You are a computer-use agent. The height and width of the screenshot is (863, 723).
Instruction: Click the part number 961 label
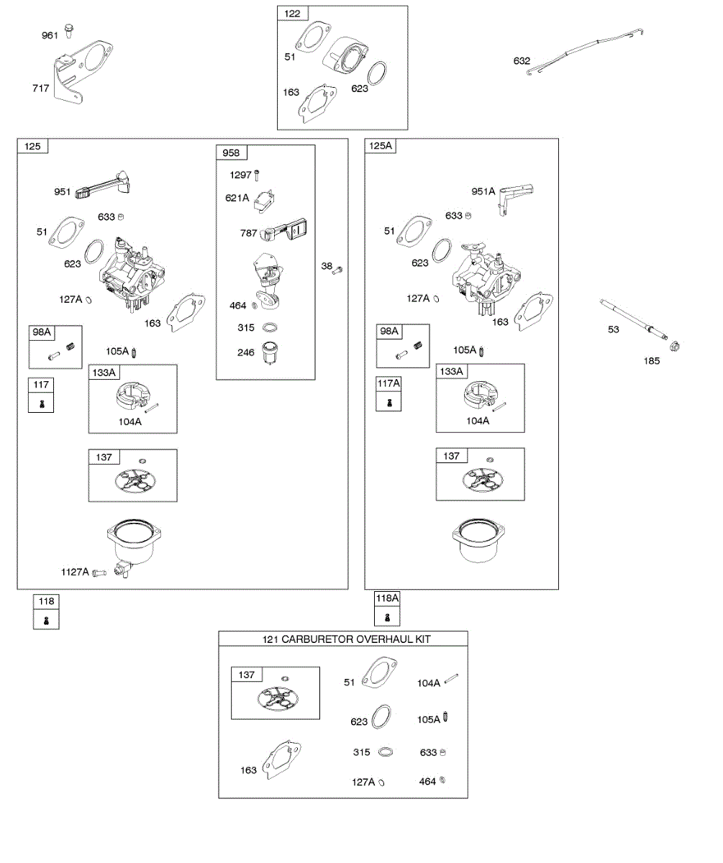click(x=50, y=35)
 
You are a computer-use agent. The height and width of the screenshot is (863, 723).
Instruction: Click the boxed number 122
click(x=294, y=14)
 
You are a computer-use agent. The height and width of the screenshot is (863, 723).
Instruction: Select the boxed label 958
click(x=231, y=152)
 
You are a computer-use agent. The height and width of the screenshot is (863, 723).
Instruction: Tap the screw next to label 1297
click(x=258, y=175)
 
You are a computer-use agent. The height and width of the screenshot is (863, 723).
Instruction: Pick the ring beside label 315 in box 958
click(x=270, y=327)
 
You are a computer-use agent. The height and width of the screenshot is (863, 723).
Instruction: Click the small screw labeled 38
click(x=340, y=268)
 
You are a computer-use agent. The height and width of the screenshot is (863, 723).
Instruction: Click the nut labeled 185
click(x=674, y=347)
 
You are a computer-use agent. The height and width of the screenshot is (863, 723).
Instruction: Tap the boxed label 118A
click(x=387, y=598)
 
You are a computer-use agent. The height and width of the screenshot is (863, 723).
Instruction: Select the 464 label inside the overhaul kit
click(x=427, y=782)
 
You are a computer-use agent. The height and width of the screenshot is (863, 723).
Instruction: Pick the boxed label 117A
click(x=388, y=384)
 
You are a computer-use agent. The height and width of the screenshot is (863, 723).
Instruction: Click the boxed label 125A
click(x=381, y=146)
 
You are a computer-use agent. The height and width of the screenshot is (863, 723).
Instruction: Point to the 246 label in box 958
click(x=246, y=353)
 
